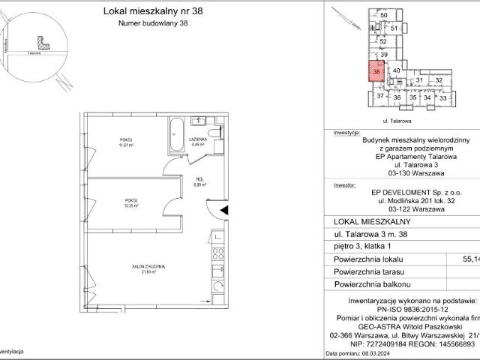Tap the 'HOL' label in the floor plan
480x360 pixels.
[x=200, y=178]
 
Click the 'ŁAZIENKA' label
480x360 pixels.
[x=198, y=140]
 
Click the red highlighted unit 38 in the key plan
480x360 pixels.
[x=376, y=71]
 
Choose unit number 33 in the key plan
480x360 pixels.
[x=442, y=97]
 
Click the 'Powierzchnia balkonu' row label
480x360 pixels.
[x=372, y=285]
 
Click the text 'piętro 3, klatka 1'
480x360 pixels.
[x=364, y=244]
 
